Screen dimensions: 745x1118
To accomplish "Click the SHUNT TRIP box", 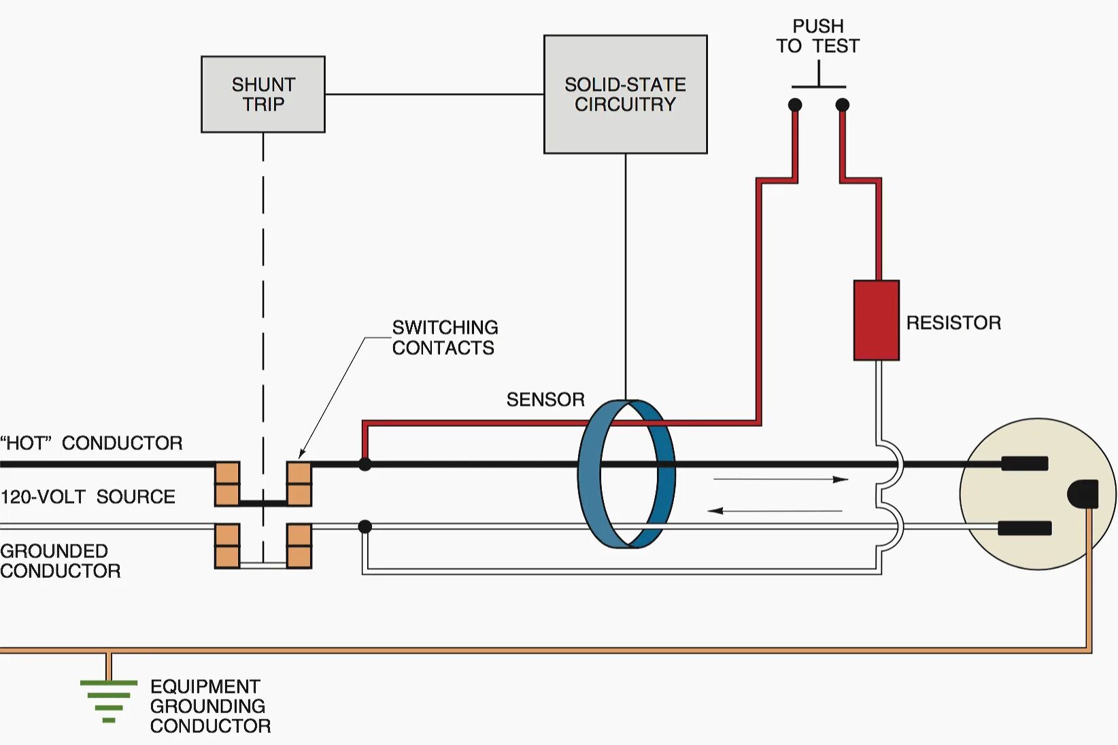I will click(262, 94).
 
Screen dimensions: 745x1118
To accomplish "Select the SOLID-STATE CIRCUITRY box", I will click(625, 94).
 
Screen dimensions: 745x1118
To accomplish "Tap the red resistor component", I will click(876, 319).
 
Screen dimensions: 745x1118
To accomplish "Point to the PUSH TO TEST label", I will click(817, 36).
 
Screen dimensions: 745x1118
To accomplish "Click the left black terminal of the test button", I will click(795, 105).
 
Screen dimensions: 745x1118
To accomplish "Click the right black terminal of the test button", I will click(842, 105).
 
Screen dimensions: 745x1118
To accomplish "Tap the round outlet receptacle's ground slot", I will click(1083, 493).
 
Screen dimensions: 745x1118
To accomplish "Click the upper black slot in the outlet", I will click(1024, 464).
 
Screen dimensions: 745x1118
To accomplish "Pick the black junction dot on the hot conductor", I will click(365, 464).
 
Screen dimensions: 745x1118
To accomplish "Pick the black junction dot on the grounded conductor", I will click(365, 526).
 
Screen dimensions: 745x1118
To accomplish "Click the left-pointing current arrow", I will click(775, 510).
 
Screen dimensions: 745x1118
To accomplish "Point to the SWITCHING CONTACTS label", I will click(444, 337).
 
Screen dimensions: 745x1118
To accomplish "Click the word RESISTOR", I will click(953, 323).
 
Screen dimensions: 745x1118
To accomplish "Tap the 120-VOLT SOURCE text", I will click(88, 496).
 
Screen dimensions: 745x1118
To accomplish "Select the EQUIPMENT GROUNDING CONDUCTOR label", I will click(209, 706).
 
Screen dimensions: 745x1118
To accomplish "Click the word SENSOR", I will click(545, 399).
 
